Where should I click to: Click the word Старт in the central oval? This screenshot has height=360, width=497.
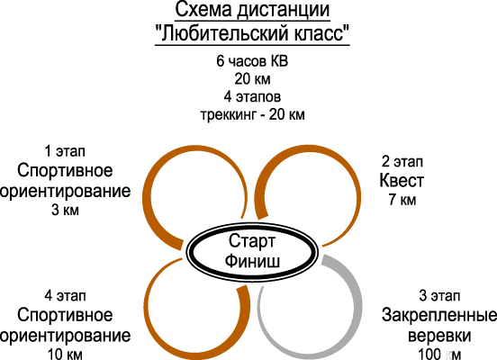click(252, 241)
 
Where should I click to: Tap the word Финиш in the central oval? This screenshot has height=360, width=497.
click(252, 261)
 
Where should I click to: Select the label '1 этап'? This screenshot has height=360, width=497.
click(65, 151)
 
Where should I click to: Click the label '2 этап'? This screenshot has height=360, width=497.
click(402, 161)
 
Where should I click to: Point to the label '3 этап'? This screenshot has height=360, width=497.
click(439, 295)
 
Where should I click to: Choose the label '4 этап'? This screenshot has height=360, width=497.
click(65, 296)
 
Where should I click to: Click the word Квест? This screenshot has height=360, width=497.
click(402, 181)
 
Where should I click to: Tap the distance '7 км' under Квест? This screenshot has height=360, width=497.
click(402, 200)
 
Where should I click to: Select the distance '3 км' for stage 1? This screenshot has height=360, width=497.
click(65, 210)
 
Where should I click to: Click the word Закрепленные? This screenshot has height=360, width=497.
click(439, 315)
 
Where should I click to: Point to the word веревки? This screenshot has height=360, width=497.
click(439, 336)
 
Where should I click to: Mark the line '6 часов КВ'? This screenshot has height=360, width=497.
click(252, 61)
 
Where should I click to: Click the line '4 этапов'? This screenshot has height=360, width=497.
click(252, 96)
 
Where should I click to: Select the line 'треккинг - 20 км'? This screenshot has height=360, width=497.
click(253, 114)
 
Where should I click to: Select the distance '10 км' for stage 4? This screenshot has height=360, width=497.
click(65, 354)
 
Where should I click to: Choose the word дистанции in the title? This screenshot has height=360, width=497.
click(283, 11)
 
